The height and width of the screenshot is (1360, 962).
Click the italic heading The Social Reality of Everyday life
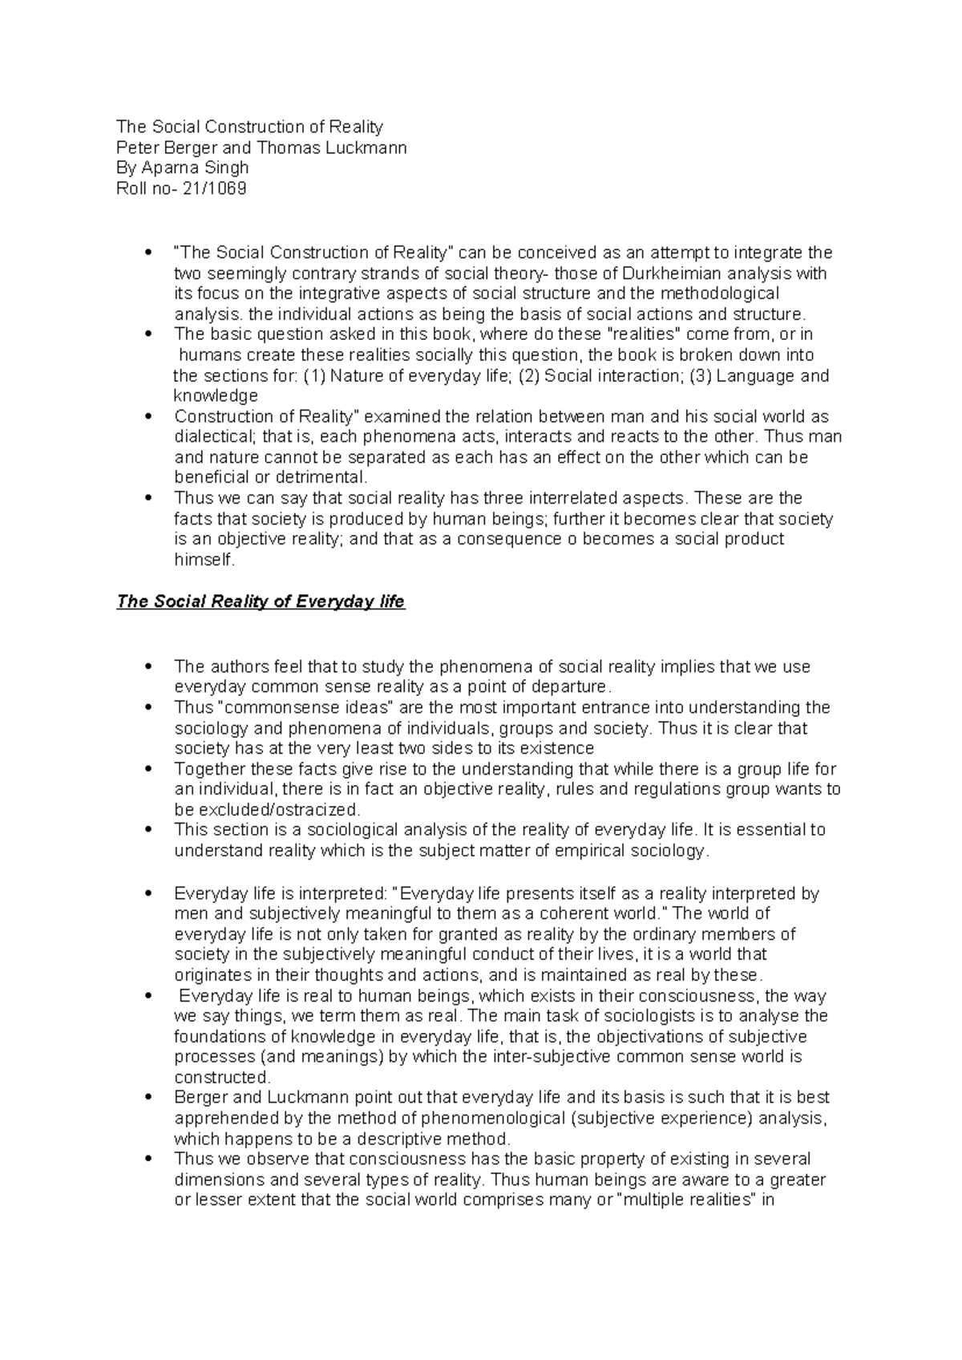tap(261, 602)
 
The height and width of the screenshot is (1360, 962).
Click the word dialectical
tap(213, 437)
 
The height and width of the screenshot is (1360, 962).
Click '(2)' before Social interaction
tap(528, 376)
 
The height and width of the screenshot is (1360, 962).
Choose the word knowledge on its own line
tap(216, 396)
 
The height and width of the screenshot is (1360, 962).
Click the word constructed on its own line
tap(222, 1077)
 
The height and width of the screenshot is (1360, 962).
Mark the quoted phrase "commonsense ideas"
tap(304, 708)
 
